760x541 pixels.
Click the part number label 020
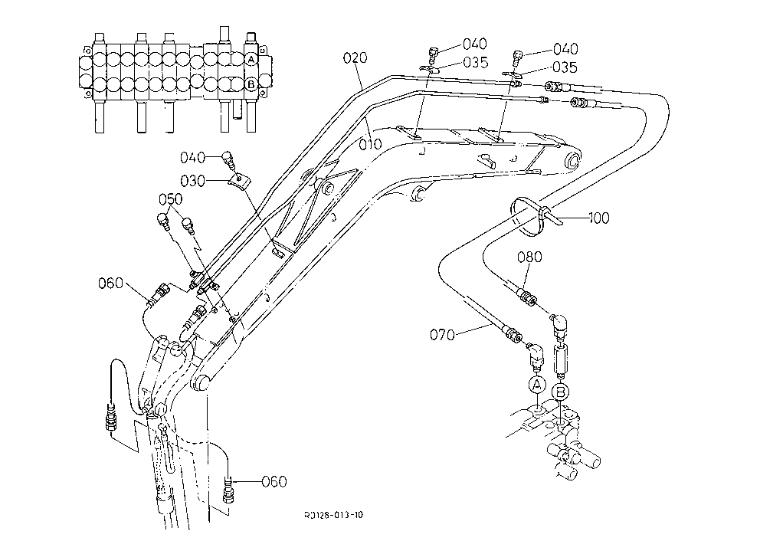tap(355, 58)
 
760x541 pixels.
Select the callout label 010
tap(370, 145)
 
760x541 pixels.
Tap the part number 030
tap(192, 182)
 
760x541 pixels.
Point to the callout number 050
tap(171, 199)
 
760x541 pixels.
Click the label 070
tap(442, 335)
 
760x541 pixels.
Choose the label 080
tap(529, 257)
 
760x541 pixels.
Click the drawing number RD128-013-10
tap(333, 515)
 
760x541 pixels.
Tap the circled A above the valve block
tap(536, 386)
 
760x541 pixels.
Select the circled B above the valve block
tap(561, 391)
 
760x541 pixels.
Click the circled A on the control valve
tap(251, 60)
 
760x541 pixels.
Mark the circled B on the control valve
tap(251, 84)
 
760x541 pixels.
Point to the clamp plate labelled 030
tap(239, 182)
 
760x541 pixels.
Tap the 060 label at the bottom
tap(274, 482)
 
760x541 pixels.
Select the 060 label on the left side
tap(110, 283)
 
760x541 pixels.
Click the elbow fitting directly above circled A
tap(535, 356)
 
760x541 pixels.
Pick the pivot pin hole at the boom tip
tap(572, 160)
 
